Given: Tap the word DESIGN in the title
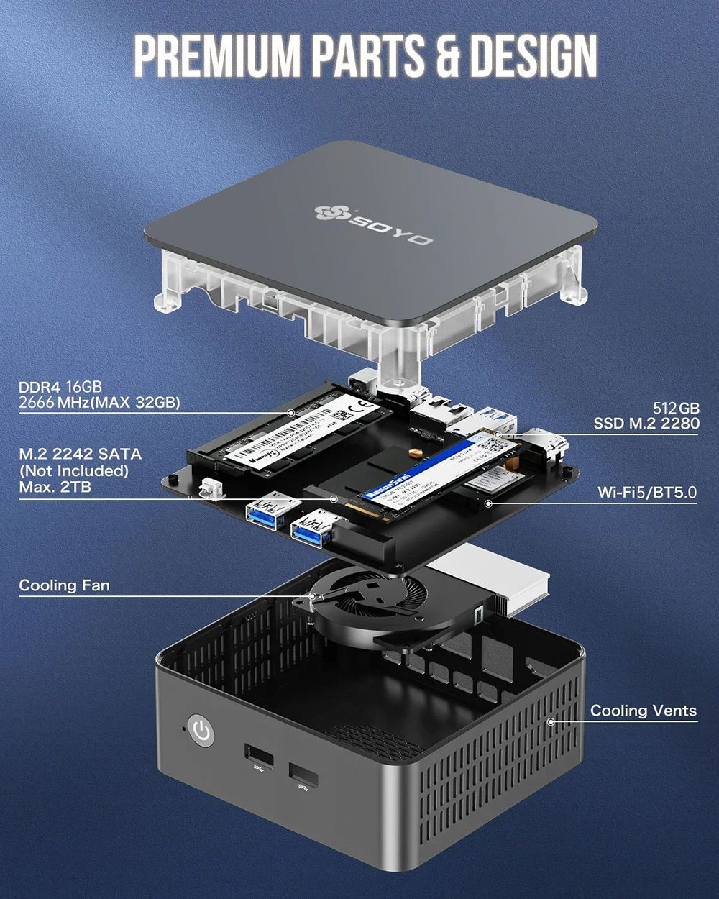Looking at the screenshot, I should pyautogui.click(x=532, y=56).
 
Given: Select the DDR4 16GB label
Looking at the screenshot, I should pyautogui.click(x=60, y=388).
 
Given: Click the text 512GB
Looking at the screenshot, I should pyautogui.click(x=676, y=408).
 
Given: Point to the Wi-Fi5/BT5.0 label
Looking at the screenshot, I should pyautogui.click(x=647, y=493).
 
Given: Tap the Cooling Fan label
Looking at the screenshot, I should pyautogui.click(x=64, y=585).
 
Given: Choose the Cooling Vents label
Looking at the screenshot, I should pyautogui.click(x=644, y=711).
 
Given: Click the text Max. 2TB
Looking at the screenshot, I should pyautogui.click(x=55, y=488).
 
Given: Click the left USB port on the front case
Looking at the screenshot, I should pyautogui.click(x=259, y=757).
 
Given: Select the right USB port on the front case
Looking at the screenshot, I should pyautogui.click(x=303, y=775).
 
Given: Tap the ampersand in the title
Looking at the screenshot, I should pyautogui.click(x=446, y=56).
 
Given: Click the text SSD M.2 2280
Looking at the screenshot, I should pyautogui.click(x=646, y=424).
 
